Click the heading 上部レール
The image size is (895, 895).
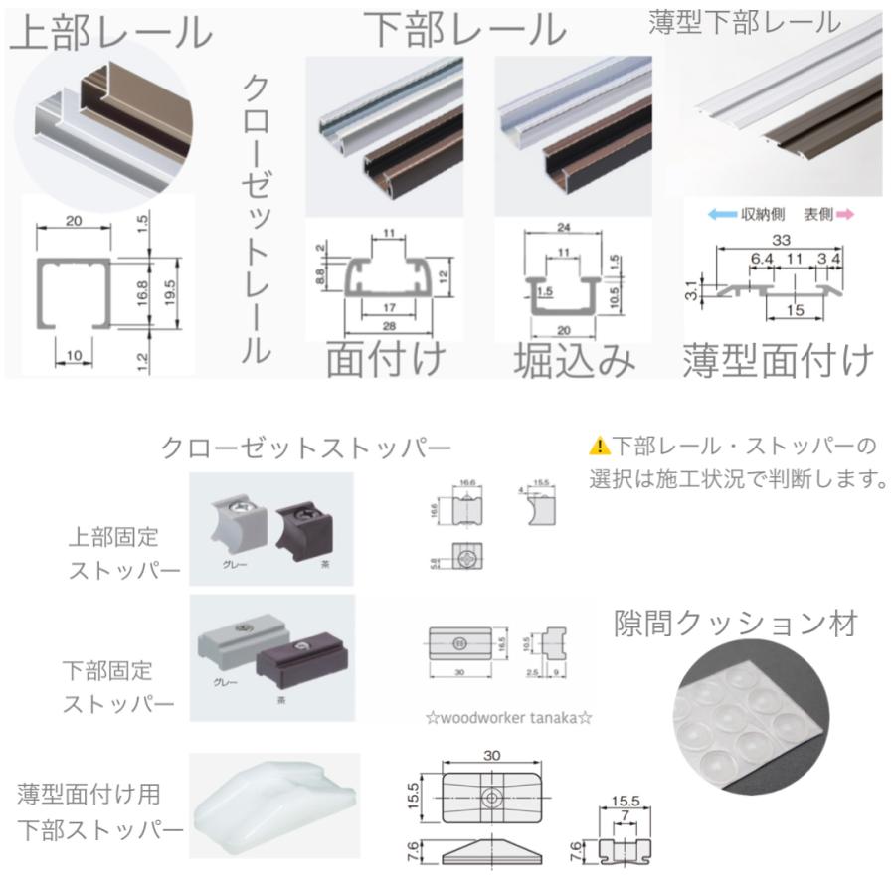click(x=111, y=32)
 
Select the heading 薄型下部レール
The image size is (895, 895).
click(x=744, y=22)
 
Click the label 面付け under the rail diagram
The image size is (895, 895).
click(x=385, y=360)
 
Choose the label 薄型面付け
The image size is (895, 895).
click(x=778, y=360)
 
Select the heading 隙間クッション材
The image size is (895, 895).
click(x=735, y=624)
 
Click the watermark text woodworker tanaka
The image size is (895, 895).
click(x=508, y=718)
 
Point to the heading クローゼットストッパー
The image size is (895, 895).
click(x=306, y=448)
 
